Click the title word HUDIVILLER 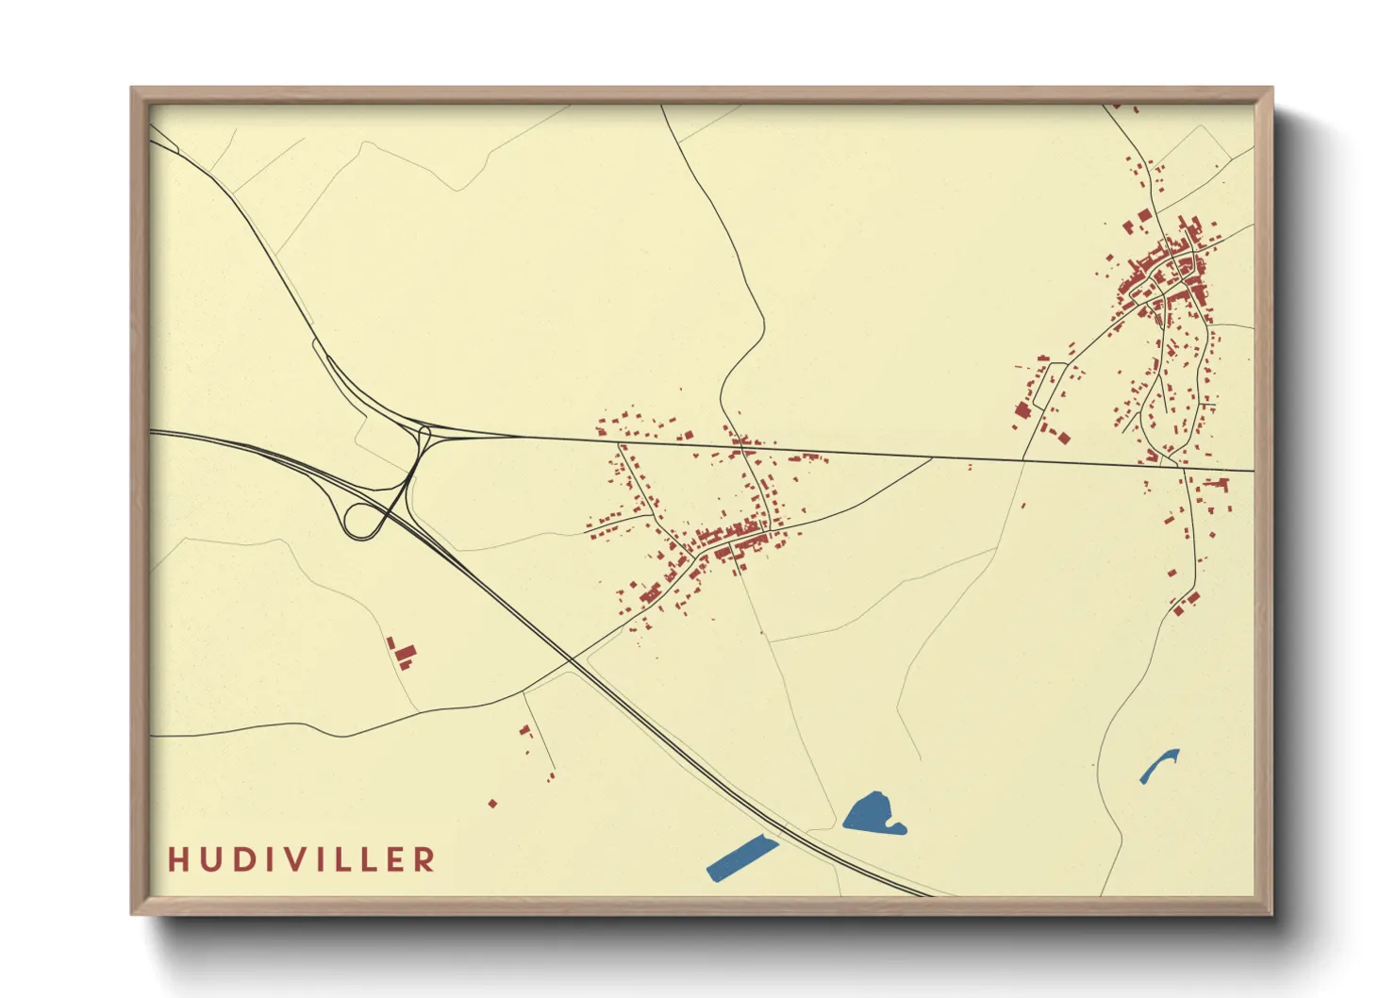[x=302, y=859]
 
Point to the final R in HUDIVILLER [x=426, y=859]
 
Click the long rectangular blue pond [x=742, y=858]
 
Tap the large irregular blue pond [x=873, y=813]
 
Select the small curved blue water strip [x=1159, y=766]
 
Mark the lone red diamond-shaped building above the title [x=492, y=804]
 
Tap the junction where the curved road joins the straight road [x=933, y=458]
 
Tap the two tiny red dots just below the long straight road [x=969, y=467]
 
